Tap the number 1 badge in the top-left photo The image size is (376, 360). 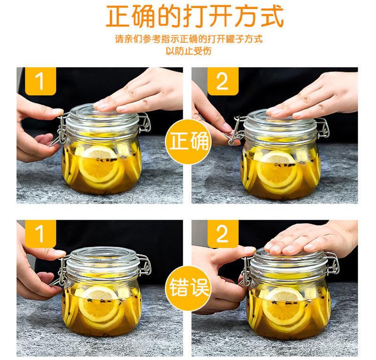(40, 81)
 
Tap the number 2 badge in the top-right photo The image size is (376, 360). (223, 81)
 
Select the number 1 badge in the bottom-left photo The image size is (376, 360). (40, 234)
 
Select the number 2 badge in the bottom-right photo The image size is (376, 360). (223, 234)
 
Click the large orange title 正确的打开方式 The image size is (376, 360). (195, 16)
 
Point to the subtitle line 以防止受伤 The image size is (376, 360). (188, 51)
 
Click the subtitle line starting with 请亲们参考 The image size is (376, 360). (189, 39)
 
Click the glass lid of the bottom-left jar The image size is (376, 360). (102, 259)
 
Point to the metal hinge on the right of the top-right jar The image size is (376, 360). (323, 129)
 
